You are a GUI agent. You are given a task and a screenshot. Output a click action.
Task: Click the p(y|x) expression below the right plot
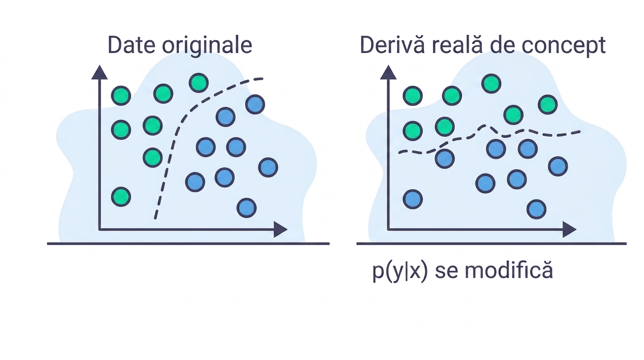[400, 271]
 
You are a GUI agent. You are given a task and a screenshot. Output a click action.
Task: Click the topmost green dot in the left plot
[199, 83]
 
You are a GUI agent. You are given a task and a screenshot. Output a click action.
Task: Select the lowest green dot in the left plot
[121, 197]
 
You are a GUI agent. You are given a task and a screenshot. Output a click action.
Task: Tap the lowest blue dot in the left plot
[247, 208]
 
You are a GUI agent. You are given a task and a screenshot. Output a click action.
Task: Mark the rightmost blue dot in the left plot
[268, 167]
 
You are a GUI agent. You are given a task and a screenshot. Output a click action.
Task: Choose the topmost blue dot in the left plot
[255, 105]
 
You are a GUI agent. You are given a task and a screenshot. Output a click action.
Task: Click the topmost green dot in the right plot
[491, 84]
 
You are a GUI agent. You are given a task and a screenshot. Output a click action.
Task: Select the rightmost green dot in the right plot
[548, 105]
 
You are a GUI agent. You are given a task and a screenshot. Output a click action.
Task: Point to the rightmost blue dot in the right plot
[558, 166]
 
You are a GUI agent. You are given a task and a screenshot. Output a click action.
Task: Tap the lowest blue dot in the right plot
[537, 210]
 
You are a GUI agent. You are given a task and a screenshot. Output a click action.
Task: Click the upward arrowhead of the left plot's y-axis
[99, 73]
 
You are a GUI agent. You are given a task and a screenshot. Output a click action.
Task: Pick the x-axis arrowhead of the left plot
[280, 230]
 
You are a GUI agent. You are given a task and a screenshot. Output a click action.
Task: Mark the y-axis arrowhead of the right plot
[389, 73]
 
